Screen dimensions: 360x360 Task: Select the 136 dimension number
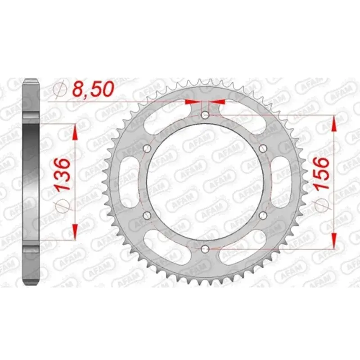[62, 175]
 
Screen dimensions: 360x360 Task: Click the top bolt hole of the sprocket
[205, 115]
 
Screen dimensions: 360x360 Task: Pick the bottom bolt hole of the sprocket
[205, 248]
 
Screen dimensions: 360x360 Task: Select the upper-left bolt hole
[147, 148]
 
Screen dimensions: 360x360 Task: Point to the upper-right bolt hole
[263, 148]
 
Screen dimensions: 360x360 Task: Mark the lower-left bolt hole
[147, 216]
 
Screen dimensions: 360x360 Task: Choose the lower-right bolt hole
[263, 216]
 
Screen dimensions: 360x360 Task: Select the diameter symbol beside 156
[321, 203]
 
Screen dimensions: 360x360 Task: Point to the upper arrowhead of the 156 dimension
[333, 122]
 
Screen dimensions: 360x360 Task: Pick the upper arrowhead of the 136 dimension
[75, 131]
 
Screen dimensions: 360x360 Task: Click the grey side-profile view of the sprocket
[31, 182]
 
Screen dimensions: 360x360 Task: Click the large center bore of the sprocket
[205, 182]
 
